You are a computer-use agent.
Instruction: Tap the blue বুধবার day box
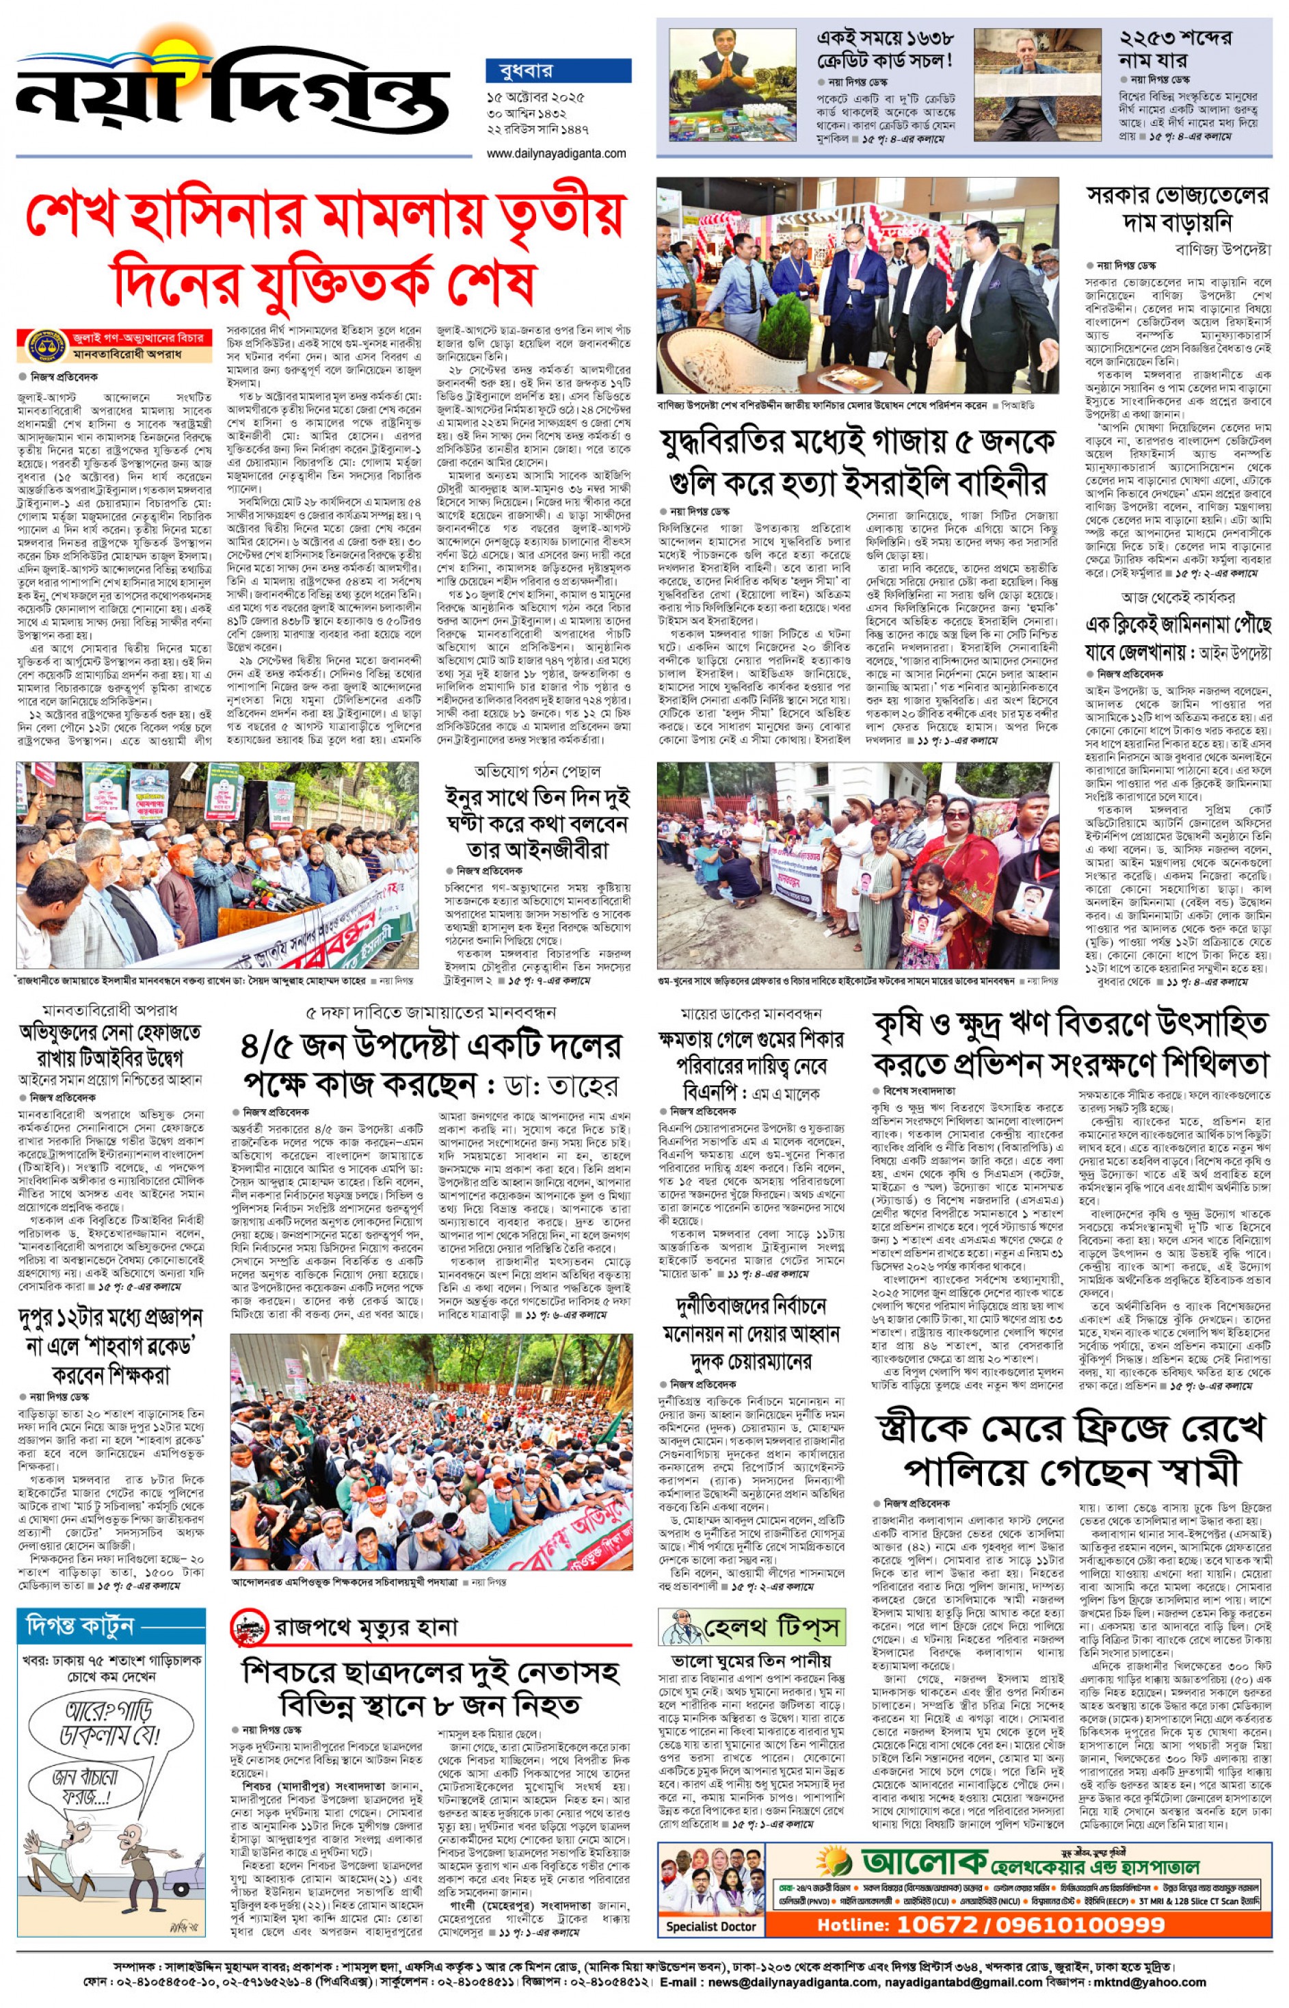pos(557,70)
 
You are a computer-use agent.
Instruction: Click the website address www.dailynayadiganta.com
pos(556,153)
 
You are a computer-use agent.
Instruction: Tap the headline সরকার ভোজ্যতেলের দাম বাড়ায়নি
pos(1177,209)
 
